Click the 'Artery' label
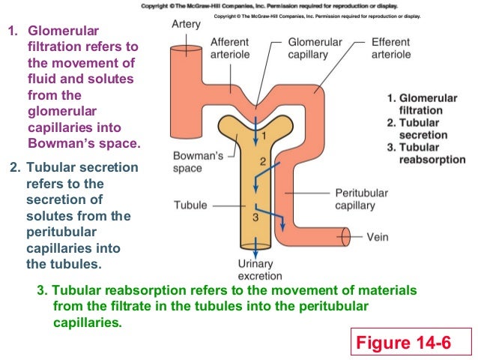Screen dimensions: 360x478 click(186, 24)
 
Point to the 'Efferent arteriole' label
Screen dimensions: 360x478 click(390, 49)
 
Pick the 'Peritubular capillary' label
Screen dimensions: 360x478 click(361, 199)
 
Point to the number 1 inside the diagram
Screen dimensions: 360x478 click(262, 135)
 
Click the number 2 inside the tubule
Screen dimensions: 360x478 click(262, 161)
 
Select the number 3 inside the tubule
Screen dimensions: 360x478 click(255, 217)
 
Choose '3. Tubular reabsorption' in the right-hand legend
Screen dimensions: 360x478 click(426, 153)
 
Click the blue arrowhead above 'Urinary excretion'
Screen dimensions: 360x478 click(257, 247)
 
